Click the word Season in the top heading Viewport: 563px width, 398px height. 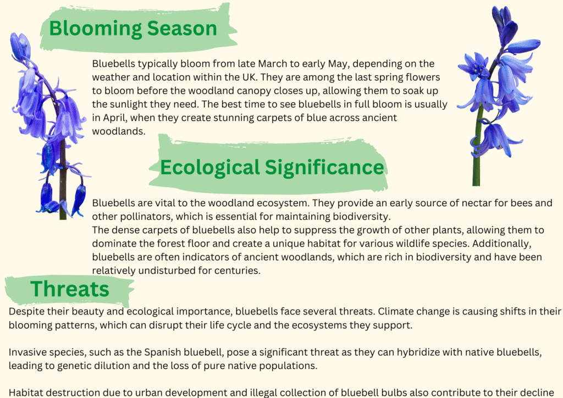(x=182, y=28)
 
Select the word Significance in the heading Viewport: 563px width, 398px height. (x=324, y=167)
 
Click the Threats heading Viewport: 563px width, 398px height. (x=70, y=289)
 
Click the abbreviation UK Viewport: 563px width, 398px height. (x=250, y=77)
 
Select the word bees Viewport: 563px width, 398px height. (x=521, y=203)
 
